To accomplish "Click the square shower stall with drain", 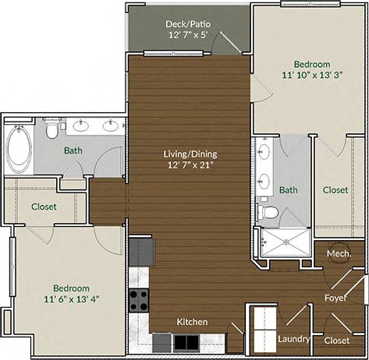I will coord(285,242).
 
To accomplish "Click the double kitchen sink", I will coord(185,341).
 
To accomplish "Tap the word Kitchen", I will coord(191,321).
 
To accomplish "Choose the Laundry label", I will coord(294,339).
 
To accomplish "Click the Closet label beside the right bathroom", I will coord(335,189).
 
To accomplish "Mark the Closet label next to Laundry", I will coord(336,340).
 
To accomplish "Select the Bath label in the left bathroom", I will coord(73,150).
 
